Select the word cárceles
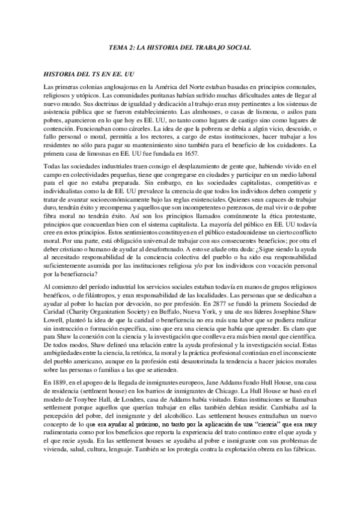pos(138,128)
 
